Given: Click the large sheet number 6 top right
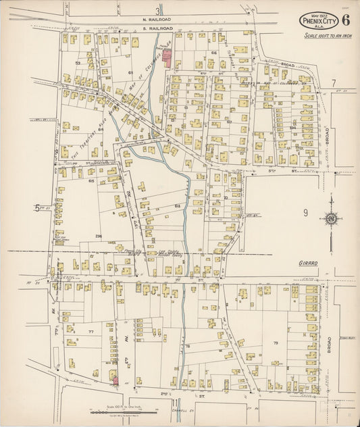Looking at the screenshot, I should pyautogui.click(x=345, y=20).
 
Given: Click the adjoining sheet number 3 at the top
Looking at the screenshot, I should pyautogui.click(x=158, y=10).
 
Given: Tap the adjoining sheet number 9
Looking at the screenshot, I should pyautogui.click(x=305, y=213).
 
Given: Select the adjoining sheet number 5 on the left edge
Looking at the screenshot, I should pyautogui.click(x=36, y=209).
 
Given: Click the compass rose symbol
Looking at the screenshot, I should pyautogui.click(x=331, y=218).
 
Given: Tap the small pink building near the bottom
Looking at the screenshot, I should pyautogui.click(x=115, y=380).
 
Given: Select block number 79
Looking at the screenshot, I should pyautogui.click(x=276, y=343).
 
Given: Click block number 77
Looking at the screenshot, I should pyautogui.click(x=89, y=332).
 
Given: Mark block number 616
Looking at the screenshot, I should pyautogui.click(x=213, y=52).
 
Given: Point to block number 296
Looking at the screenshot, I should pyautogui.click(x=98, y=236).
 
